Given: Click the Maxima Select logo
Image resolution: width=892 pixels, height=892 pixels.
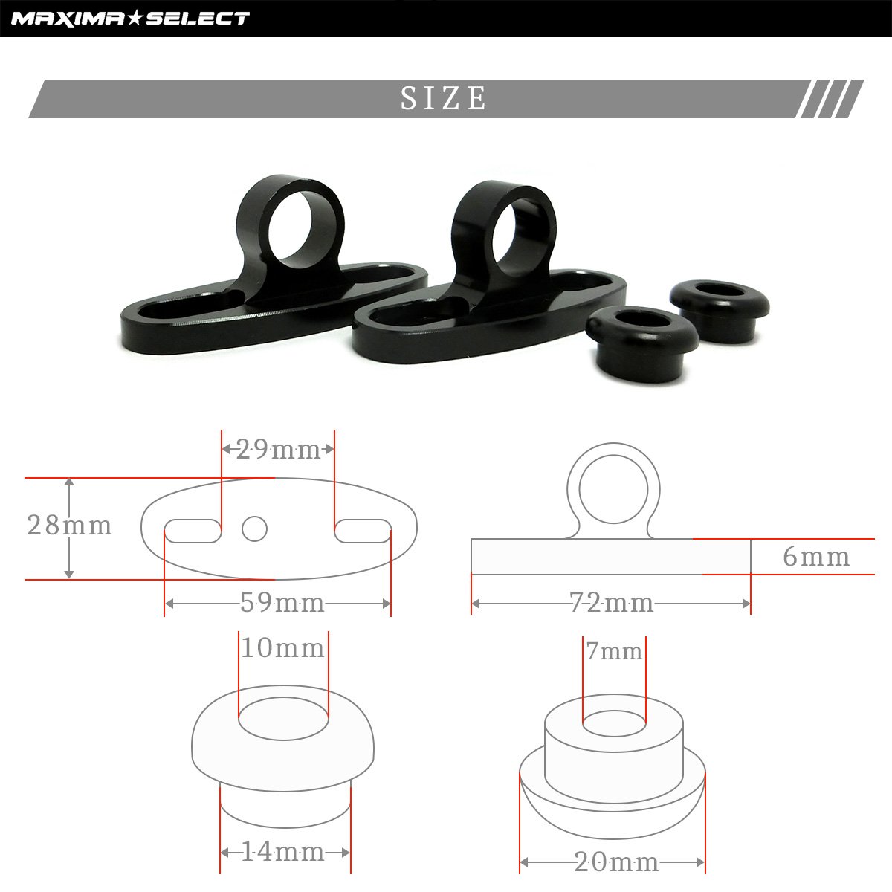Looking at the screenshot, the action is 130,19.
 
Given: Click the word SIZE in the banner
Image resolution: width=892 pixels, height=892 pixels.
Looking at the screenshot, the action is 443,98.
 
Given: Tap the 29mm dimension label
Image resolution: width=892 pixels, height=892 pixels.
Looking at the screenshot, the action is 278,450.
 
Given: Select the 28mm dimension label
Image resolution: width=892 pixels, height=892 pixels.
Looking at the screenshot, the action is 69,526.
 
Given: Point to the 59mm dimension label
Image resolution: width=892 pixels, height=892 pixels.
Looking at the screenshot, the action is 282,603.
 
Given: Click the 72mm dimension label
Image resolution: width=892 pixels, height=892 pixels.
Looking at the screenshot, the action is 612,603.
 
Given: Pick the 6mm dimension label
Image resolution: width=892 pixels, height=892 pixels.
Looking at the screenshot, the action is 816,557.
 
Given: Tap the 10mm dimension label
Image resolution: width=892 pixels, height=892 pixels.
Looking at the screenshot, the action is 282,647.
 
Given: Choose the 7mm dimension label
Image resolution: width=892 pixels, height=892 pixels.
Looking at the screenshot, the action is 614,652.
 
